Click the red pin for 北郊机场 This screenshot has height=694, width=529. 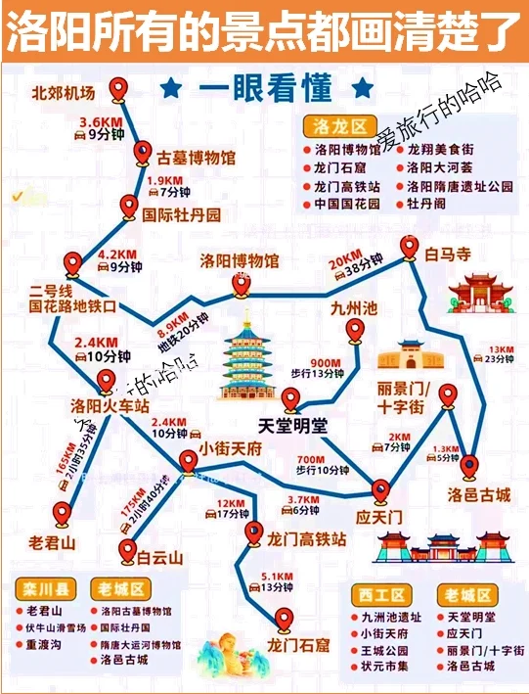(118, 90)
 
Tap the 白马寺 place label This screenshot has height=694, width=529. (449, 254)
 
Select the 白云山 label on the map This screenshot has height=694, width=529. (159, 559)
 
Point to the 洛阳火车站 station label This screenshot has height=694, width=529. (109, 404)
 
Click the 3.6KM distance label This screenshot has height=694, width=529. (99, 122)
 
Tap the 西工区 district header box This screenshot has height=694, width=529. (377, 595)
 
